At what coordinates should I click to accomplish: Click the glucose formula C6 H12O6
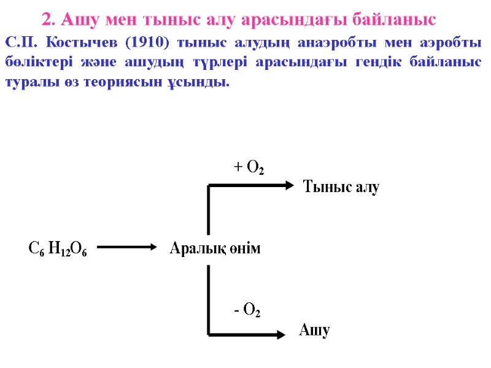tap(58, 249)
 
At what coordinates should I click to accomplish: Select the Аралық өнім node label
tap(215, 248)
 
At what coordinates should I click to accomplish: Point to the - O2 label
tap(247, 310)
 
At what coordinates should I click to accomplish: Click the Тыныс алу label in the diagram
tap(342, 187)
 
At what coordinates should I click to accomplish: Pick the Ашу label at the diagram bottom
tap(315, 331)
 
